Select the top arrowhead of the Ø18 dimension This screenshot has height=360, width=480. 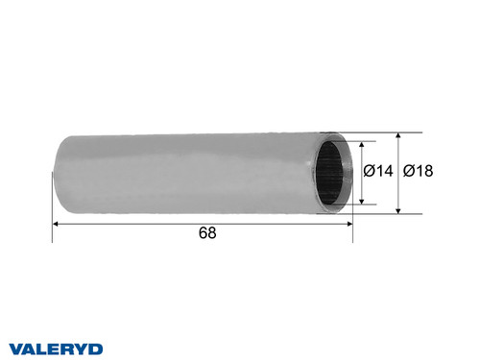click(398, 132)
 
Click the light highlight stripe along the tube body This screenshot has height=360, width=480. click(192, 149)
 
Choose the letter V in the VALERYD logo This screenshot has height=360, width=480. click(16, 348)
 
